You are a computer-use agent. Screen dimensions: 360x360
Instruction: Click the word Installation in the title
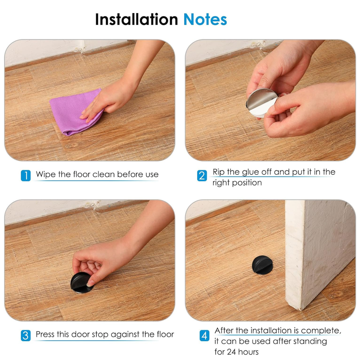point(136,19)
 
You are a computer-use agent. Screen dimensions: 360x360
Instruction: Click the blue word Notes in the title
point(205,19)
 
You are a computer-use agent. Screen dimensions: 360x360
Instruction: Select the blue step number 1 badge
point(25,175)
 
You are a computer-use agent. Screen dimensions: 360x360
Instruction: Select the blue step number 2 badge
point(202,176)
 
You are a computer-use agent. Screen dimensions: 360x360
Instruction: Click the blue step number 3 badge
point(25,335)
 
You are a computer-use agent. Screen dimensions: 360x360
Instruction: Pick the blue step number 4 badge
point(204,336)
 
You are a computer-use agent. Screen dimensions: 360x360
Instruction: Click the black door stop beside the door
point(262,265)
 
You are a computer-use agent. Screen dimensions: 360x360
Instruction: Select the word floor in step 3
point(165,334)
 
